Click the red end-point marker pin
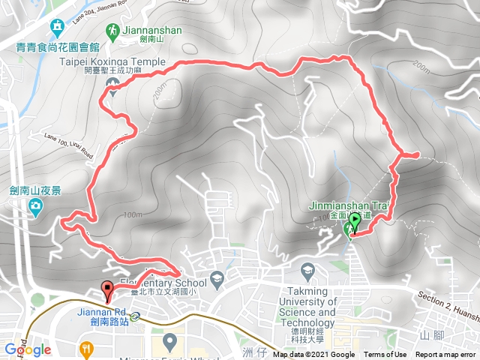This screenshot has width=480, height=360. (x=106, y=289)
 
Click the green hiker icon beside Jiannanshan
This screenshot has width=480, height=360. (x=112, y=31)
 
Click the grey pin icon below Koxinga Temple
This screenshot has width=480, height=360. (x=114, y=92)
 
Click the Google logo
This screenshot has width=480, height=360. (x=27, y=349)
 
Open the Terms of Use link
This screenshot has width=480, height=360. (x=385, y=355)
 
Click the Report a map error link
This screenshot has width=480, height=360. (x=445, y=355)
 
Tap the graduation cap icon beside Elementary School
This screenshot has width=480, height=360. (x=217, y=278)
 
